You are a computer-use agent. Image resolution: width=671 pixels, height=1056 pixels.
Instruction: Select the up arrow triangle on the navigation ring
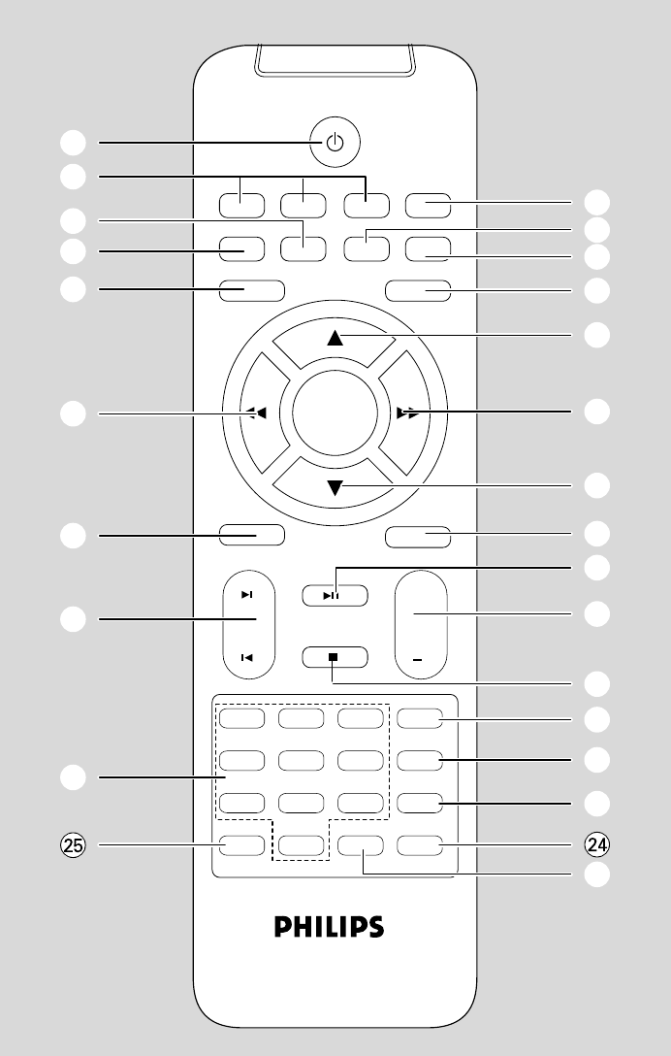click(335, 338)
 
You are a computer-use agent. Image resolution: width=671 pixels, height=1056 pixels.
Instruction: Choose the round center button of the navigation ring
click(335, 413)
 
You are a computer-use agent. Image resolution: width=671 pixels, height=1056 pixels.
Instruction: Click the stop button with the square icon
click(335, 656)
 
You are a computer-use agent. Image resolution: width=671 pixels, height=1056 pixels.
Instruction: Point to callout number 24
click(598, 844)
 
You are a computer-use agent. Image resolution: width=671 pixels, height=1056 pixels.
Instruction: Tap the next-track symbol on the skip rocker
click(247, 595)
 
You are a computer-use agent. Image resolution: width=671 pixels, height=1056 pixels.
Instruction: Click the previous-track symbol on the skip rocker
click(247, 657)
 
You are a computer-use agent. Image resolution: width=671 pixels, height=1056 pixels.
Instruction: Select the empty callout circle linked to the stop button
click(598, 683)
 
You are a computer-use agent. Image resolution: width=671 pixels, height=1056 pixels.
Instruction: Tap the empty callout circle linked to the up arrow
click(598, 336)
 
